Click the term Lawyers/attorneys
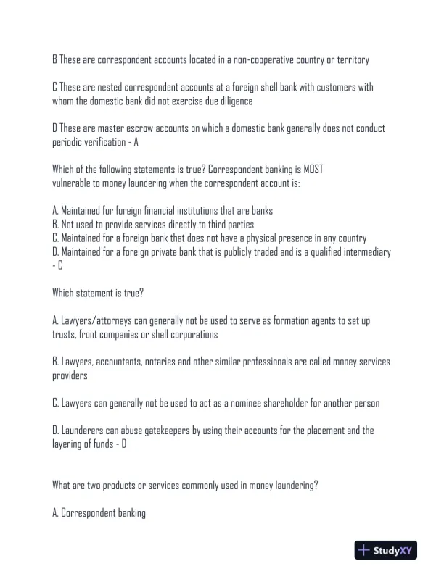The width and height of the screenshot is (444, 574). (91, 320)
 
